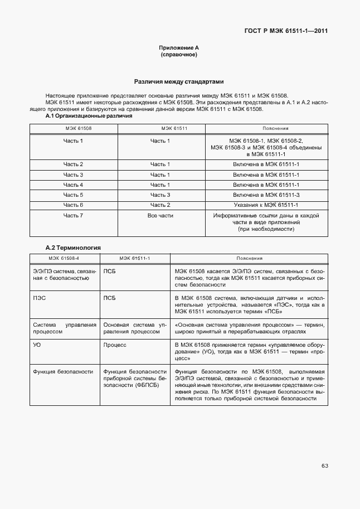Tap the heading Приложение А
click(x=179, y=49)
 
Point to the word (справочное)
click(x=179, y=55)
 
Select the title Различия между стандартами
click(x=179, y=81)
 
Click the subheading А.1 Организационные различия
click(x=89, y=117)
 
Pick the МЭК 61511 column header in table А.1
click(x=159, y=128)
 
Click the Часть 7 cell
click(x=73, y=215)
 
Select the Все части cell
click(x=160, y=215)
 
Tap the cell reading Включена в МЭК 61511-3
click(x=266, y=195)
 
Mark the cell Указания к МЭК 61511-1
click(x=266, y=205)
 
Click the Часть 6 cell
click(x=73, y=205)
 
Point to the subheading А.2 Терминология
click(x=73, y=247)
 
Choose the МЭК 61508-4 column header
click(x=64, y=259)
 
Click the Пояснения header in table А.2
click(x=249, y=259)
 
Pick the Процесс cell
click(x=115, y=345)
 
